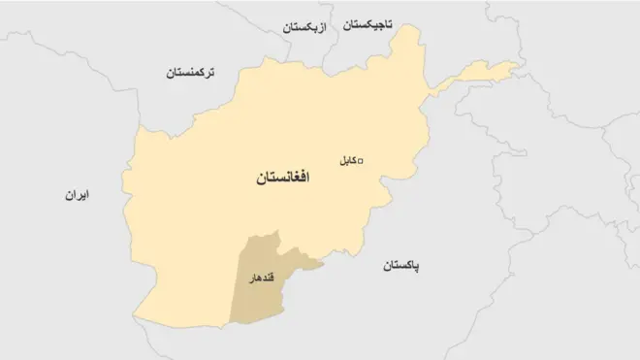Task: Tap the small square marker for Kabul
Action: tap(363, 161)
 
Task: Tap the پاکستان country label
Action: tap(406, 266)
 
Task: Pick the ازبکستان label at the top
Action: tap(308, 28)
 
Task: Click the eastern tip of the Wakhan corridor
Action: tap(517, 66)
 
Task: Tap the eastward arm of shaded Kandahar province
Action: tap(308, 260)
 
